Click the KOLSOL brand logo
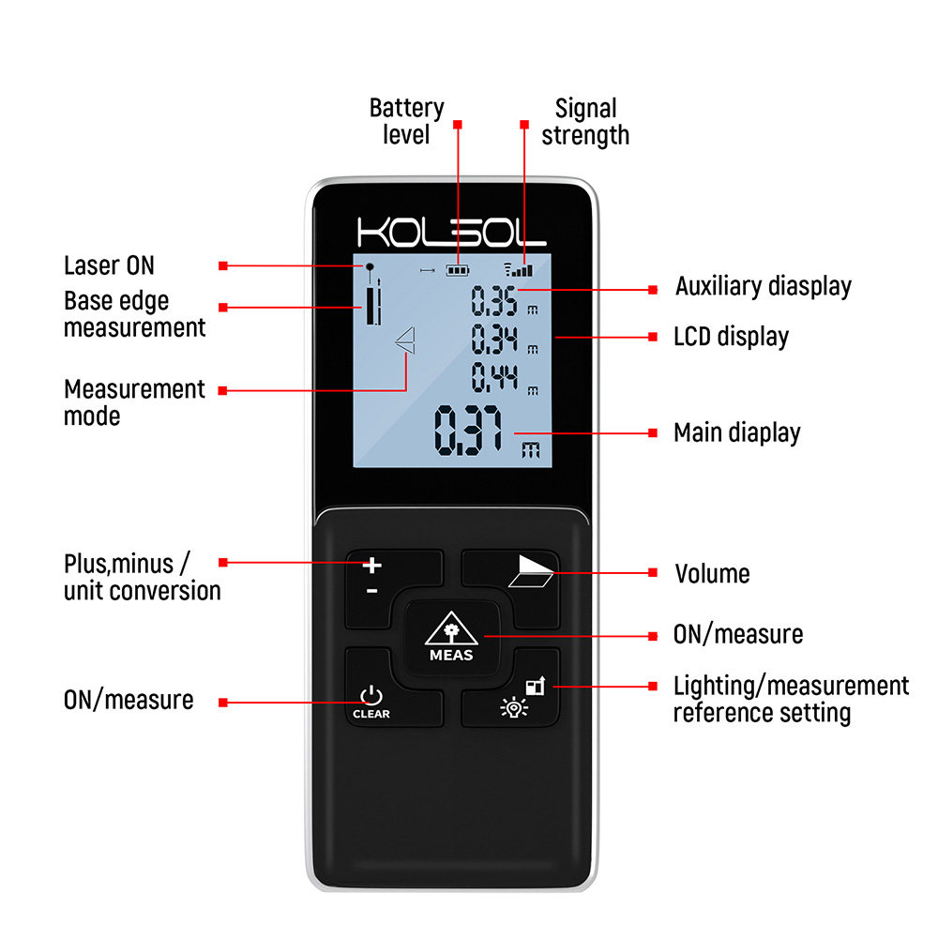click(x=451, y=233)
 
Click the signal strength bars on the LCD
click(x=518, y=268)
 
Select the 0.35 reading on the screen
click(x=494, y=301)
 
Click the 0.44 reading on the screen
click(x=494, y=378)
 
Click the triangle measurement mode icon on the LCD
click(x=405, y=341)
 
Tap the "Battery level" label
click(x=406, y=121)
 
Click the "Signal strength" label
click(x=585, y=121)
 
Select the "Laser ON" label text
click(x=109, y=265)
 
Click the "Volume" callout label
click(x=712, y=573)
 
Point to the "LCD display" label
click(x=731, y=337)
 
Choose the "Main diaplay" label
click(x=737, y=432)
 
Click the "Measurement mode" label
click(x=134, y=401)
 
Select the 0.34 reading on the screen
click(x=494, y=338)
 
